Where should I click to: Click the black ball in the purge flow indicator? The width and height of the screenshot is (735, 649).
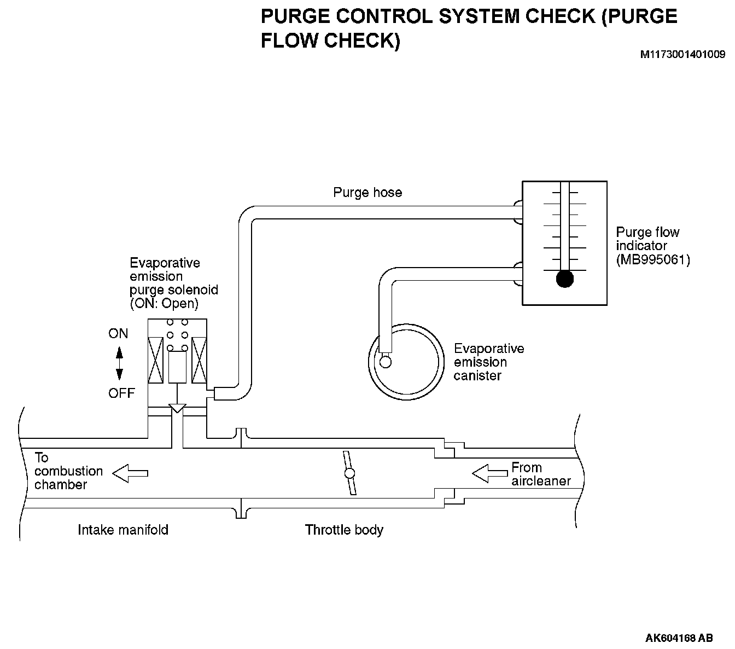pyautogui.click(x=564, y=279)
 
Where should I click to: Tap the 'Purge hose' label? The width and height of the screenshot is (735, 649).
pyautogui.click(x=367, y=193)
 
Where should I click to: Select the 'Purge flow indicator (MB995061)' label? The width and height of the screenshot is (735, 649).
pyautogui.click(x=652, y=246)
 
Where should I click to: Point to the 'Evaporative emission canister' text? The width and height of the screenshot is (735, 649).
pyautogui.click(x=488, y=362)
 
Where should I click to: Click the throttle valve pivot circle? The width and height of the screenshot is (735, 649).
pyautogui.click(x=349, y=474)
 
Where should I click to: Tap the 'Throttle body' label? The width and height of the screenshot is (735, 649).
pyautogui.click(x=344, y=530)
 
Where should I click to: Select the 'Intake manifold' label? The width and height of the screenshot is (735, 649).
pyautogui.click(x=123, y=530)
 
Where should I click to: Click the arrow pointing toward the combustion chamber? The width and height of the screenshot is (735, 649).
pyautogui.click(x=130, y=473)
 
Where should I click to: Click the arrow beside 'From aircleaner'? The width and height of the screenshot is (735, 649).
pyautogui.click(x=489, y=473)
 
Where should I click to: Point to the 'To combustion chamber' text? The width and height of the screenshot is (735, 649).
pyautogui.click(x=68, y=471)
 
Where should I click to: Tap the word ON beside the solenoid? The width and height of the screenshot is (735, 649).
pyautogui.click(x=118, y=333)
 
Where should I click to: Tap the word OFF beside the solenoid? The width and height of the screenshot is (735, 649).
pyautogui.click(x=121, y=393)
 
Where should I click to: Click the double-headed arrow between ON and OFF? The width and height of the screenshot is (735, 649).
pyautogui.click(x=119, y=363)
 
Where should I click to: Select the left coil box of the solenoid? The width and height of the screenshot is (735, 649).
pyautogui.click(x=156, y=360)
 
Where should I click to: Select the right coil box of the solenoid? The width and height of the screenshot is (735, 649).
pyautogui.click(x=199, y=360)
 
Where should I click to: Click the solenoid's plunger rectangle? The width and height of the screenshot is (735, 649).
pyautogui.click(x=178, y=367)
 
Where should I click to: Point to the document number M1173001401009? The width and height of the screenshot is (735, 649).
pyautogui.click(x=683, y=55)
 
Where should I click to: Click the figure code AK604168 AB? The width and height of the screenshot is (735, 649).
pyautogui.click(x=679, y=638)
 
